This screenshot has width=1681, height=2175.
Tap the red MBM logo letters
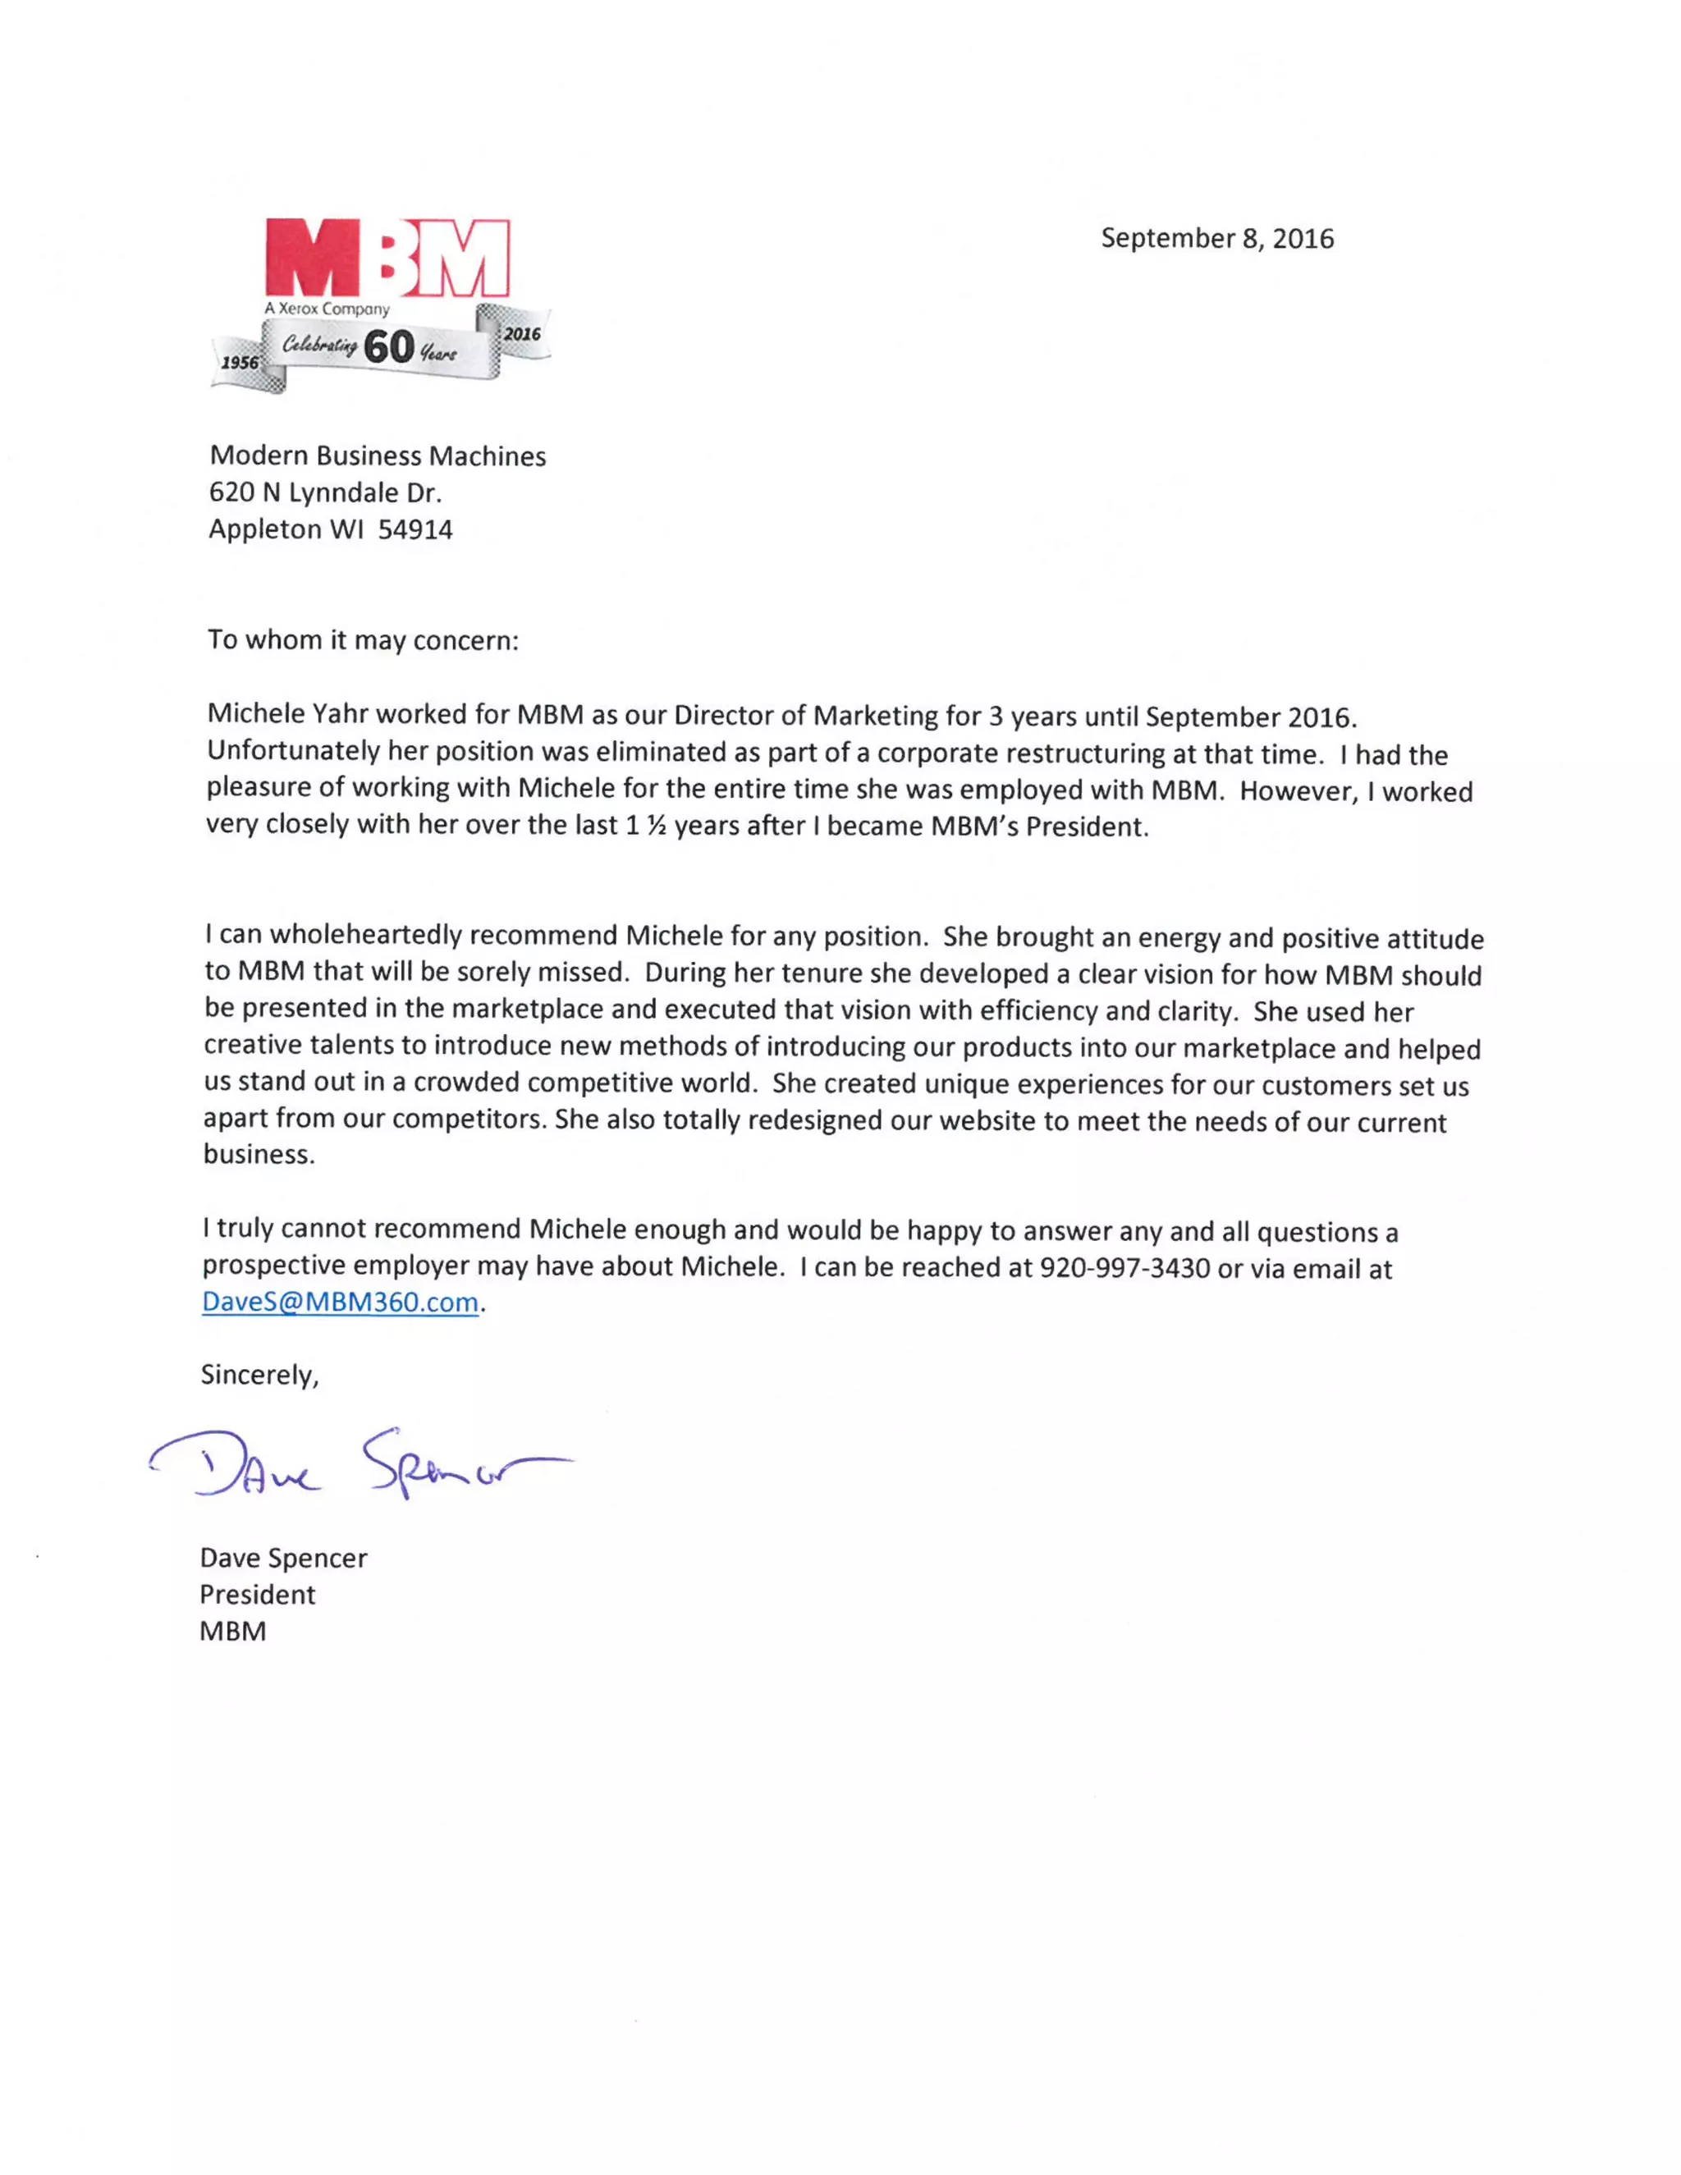[x=387, y=258]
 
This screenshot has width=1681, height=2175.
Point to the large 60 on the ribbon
[x=388, y=347]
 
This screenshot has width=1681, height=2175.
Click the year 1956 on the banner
[x=239, y=363]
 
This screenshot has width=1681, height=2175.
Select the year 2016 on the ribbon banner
[x=522, y=333]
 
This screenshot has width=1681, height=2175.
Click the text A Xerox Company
[x=327, y=309]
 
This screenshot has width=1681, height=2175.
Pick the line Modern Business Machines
[x=378, y=456]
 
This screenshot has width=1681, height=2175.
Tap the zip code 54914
[x=415, y=530]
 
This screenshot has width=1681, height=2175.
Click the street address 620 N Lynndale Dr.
[x=325, y=493]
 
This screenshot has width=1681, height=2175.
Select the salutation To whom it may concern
[x=363, y=639]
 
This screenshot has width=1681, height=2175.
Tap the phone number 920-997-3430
[x=1124, y=1268]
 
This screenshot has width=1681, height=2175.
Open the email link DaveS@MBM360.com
[x=340, y=1303]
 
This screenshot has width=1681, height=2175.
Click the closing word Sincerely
[x=259, y=1376]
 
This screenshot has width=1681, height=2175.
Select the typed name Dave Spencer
[x=283, y=1559]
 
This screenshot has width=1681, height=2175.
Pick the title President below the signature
[x=257, y=1596]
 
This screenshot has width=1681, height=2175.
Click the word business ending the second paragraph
[x=257, y=1154]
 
